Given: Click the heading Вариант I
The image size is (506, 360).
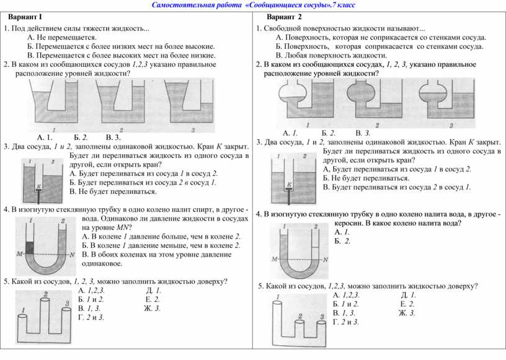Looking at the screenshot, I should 26,16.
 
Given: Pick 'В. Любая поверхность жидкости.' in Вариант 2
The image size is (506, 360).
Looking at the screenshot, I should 322,55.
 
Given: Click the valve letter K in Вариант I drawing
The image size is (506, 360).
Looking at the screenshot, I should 38,185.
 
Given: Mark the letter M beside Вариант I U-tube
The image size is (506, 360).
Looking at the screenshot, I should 20,254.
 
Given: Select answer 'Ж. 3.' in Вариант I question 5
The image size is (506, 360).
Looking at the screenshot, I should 152,308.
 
